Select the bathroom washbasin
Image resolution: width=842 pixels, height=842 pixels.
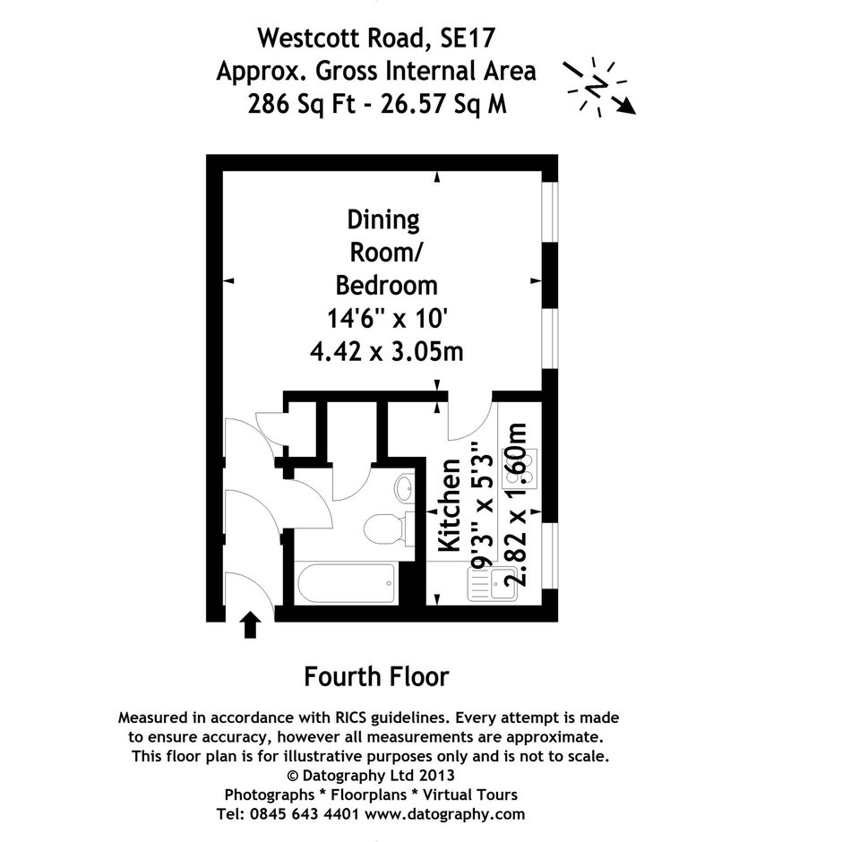coord(404,488)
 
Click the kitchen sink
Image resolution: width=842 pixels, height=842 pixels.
coord(492,584)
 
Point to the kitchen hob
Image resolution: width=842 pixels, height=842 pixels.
coord(520,468)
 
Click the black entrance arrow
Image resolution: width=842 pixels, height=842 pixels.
coord(250,624)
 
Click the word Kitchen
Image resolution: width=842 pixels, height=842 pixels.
coord(450,505)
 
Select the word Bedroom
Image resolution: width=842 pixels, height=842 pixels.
coord(386,285)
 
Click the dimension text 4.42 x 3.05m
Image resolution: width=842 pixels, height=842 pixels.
coord(387,352)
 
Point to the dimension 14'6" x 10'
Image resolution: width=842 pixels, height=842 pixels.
coord(387,319)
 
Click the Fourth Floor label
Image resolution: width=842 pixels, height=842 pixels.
coord(376,676)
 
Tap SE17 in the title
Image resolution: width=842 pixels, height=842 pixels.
coord(468,39)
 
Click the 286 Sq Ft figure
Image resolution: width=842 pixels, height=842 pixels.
coord(302,104)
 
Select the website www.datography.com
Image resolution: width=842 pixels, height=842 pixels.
coord(444,814)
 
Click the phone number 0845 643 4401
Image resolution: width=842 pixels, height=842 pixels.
coord(305,814)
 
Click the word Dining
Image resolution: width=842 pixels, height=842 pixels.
coord(383,220)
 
